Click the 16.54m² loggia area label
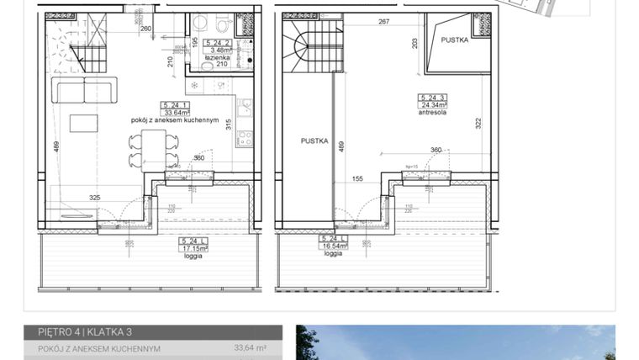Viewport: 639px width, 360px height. [x=333, y=246]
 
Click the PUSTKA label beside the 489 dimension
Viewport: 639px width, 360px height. [x=314, y=141]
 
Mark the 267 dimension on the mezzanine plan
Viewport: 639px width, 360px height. [x=384, y=22]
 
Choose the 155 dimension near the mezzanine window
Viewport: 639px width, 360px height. [x=356, y=178]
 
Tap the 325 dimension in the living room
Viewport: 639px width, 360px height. [x=95, y=199]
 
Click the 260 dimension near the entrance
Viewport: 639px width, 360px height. [x=145, y=29]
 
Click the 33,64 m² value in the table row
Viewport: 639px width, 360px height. [x=250, y=347]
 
